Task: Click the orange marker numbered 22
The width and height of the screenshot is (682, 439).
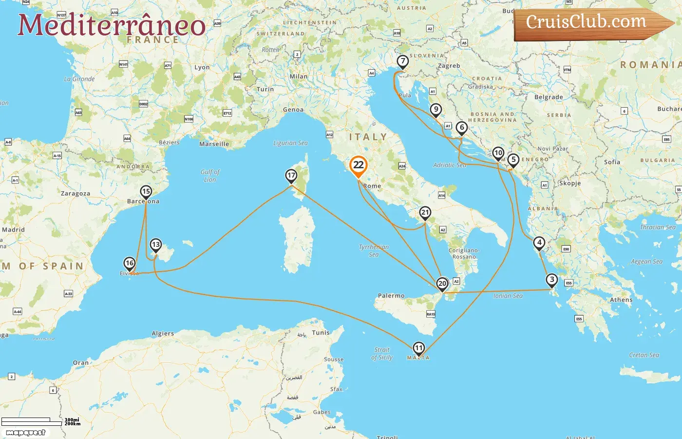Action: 358,165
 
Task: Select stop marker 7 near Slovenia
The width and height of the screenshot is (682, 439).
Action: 402,61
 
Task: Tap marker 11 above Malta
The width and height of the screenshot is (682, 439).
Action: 418,348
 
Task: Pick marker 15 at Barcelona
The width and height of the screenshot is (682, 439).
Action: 146,192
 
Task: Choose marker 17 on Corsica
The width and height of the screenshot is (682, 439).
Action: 291,176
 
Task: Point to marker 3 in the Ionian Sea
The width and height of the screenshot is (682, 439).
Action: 551,279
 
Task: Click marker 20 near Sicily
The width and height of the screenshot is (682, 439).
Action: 442,283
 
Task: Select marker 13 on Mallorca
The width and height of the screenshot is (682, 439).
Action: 155,245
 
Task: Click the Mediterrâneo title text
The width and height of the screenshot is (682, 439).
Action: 112,25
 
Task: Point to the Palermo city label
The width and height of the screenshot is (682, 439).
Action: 391,296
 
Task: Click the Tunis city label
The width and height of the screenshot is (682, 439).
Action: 321,333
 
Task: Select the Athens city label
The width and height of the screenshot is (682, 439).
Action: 621,300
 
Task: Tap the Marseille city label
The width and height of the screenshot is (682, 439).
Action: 214,144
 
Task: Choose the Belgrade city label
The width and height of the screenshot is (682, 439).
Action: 549,97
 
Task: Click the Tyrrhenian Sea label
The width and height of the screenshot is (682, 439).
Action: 374,250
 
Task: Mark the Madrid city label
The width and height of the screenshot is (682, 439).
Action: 13,230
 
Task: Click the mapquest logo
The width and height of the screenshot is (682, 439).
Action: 26,433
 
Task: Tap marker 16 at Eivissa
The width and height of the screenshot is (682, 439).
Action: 129,263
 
